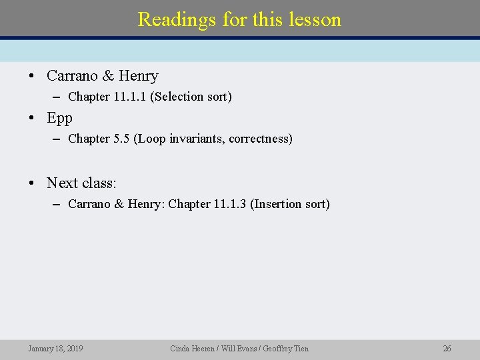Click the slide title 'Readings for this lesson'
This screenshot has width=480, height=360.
tap(239, 19)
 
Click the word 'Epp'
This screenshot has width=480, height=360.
tap(59, 118)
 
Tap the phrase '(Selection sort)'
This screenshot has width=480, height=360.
tap(191, 97)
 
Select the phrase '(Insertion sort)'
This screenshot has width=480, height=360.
tap(290, 204)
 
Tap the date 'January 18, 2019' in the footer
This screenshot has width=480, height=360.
tap(55, 348)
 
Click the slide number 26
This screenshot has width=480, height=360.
tap(447, 348)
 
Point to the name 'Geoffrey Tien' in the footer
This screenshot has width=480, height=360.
tap(289, 348)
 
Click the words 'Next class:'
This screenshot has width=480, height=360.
tap(81, 183)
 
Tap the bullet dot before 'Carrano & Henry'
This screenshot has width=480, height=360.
tap(33, 76)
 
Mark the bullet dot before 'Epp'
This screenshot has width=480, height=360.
tap(33, 119)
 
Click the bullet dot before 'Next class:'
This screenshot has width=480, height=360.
tap(33, 183)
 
